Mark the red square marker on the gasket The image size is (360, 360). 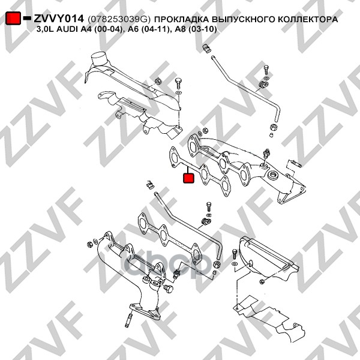(x=188, y=177)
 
